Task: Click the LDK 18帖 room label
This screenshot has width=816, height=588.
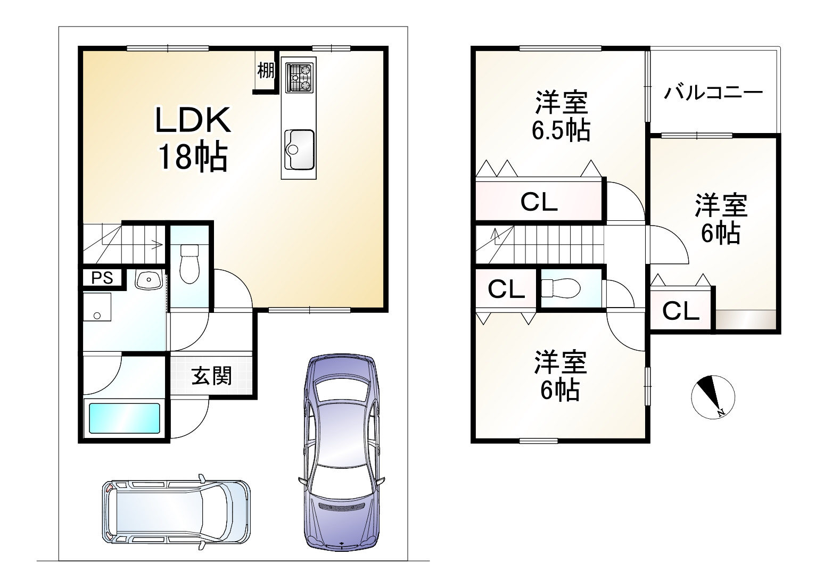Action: [193, 139]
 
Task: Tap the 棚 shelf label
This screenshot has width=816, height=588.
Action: [266, 70]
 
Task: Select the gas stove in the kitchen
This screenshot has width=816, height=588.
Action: [299, 77]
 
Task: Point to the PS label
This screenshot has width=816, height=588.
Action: [102, 278]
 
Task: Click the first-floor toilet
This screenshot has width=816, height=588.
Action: [189, 264]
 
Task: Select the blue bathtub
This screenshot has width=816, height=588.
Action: [125, 418]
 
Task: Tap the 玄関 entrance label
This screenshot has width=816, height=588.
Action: [211, 376]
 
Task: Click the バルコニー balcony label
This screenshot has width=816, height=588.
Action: [713, 93]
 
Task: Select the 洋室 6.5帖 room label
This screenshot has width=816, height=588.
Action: [561, 116]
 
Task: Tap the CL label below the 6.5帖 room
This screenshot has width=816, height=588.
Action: [539, 202]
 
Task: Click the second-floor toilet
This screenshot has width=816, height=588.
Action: [561, 288]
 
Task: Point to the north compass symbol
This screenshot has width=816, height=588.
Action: [713, 397]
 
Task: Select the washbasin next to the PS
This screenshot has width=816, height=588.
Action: [149, 279]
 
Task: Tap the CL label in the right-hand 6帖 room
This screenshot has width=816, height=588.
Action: [680, 311]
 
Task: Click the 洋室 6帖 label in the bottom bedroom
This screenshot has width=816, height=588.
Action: [561, 376]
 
